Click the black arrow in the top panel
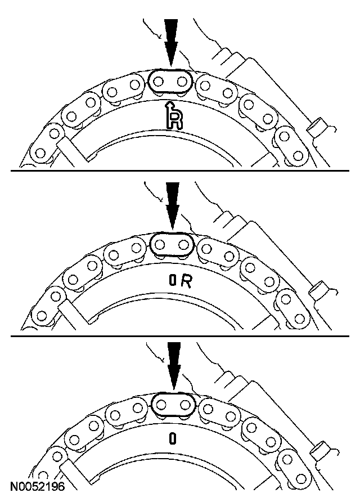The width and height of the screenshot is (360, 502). (171, 42)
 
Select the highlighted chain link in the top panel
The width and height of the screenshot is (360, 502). (171, 82)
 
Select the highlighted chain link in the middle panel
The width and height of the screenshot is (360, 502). (172, 245)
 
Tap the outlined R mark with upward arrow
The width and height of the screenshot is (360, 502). (174, 118)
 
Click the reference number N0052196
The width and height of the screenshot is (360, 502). (37, 485)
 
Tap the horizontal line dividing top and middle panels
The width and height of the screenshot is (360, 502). (180, 170)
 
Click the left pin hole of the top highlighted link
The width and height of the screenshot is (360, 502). (160, 82)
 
